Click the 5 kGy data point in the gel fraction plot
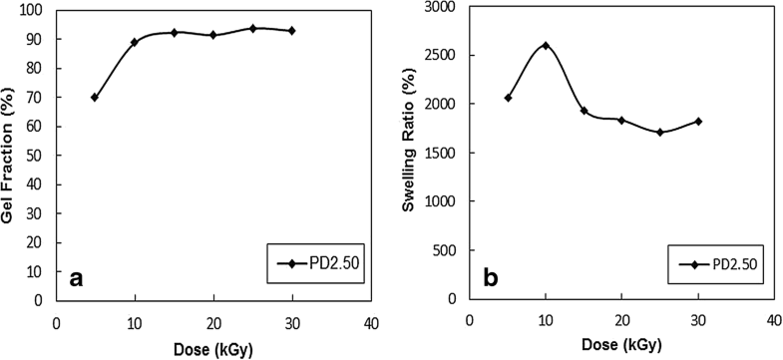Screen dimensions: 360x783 tap(95, 97)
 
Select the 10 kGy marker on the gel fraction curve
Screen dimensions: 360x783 tap(134, 42)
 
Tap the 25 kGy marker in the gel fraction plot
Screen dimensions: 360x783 tap(252, 28)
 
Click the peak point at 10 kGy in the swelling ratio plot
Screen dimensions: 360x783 tap(545, 46)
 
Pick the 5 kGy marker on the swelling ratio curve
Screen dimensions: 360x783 tap(508, 98)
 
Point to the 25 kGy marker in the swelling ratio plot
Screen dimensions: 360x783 tap(659, 132)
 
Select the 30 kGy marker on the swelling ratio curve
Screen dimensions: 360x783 tap(698, 122)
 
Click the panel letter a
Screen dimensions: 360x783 tap(76, 280)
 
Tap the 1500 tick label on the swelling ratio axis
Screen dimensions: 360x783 tap(441, 153)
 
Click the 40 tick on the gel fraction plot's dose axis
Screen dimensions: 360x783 tap(370, 323)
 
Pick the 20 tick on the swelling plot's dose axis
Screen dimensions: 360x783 tap(621, 321)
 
